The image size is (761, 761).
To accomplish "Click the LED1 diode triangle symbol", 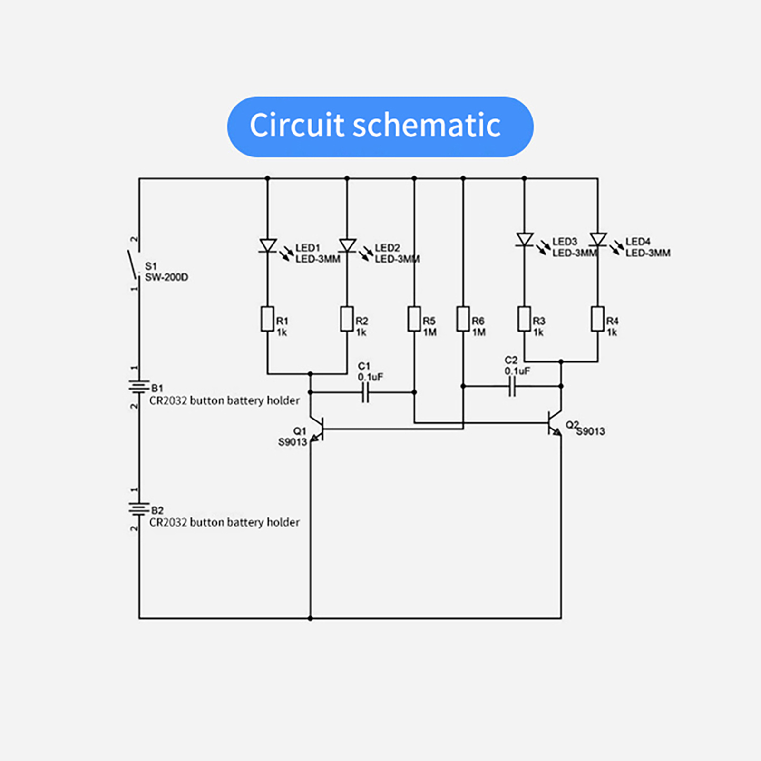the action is tap(268, 245).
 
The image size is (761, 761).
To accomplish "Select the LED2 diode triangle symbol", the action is tap(347, 245).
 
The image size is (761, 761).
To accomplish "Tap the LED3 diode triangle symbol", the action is tap(525, 239).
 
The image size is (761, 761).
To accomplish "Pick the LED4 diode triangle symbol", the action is tap(598, 239).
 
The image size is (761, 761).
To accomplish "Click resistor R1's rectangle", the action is tap(267, 319).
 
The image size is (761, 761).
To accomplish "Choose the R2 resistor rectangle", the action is tap(347, 319).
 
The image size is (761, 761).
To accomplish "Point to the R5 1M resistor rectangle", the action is tap(414, 319).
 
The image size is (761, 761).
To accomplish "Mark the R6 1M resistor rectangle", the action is tap(463, 319).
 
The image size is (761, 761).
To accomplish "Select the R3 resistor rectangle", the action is tap(524, 319).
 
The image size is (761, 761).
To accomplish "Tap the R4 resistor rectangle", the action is tap(598, 319).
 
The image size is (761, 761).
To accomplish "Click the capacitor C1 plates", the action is tap(365, 392).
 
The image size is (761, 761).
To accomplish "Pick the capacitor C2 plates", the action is tap(512, 386).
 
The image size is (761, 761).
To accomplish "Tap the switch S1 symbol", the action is tap(134, 264).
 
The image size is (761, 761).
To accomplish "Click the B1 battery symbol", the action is tap(139, 386).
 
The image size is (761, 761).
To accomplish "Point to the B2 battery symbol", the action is tap(139, 509).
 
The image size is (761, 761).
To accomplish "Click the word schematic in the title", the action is tap(427, 126).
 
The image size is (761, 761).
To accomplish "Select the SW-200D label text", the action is tap(166, 277).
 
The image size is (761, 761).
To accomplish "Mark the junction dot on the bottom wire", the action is tap(310, 618).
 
